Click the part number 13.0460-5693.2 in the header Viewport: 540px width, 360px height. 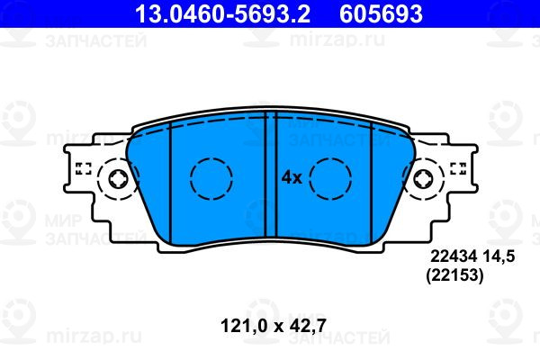tap(222, 13)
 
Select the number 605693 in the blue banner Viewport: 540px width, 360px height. tap(381, 13)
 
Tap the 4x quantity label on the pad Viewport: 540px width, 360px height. tap(292, 178)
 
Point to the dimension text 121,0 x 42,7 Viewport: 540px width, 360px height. tap(273, 326)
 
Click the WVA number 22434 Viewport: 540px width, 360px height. tap(454, 256)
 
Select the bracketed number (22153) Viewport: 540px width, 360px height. tap(454, 275)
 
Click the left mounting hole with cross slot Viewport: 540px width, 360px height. tap(119, 179)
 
